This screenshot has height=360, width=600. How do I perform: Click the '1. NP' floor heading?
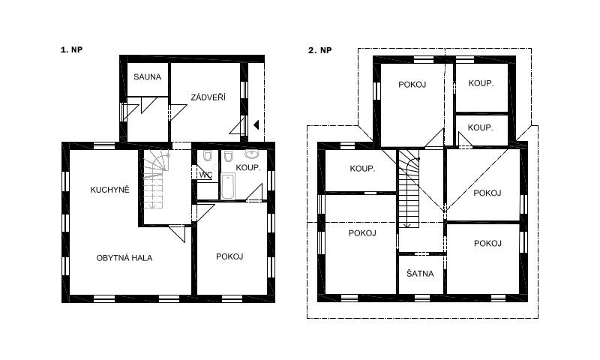(x=71, y=50)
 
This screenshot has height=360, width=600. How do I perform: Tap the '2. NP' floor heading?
(x=319, y=50)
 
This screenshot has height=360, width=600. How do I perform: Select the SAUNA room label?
(x=147, y=76)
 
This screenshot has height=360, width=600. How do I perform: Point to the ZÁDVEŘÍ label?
(x=208, y=97)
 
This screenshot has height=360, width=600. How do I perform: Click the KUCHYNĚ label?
(x=110, y=189)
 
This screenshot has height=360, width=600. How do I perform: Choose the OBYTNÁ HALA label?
(x=124, y=257)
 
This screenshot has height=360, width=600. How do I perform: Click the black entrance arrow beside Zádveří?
(x=256, y=124)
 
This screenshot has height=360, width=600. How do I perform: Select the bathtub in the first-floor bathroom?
(x=228, y=187)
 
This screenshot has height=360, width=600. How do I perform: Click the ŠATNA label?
(x=420, y=274)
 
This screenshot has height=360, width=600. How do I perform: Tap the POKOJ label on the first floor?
(x=229, y=256)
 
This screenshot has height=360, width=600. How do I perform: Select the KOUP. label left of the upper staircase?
(x=362, y=168)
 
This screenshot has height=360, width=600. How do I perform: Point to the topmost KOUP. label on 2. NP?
(x=481, y=84)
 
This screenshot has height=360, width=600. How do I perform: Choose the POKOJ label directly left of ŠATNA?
(x=361, y=232)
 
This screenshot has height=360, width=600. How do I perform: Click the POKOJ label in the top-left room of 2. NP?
(x=412, y=84)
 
